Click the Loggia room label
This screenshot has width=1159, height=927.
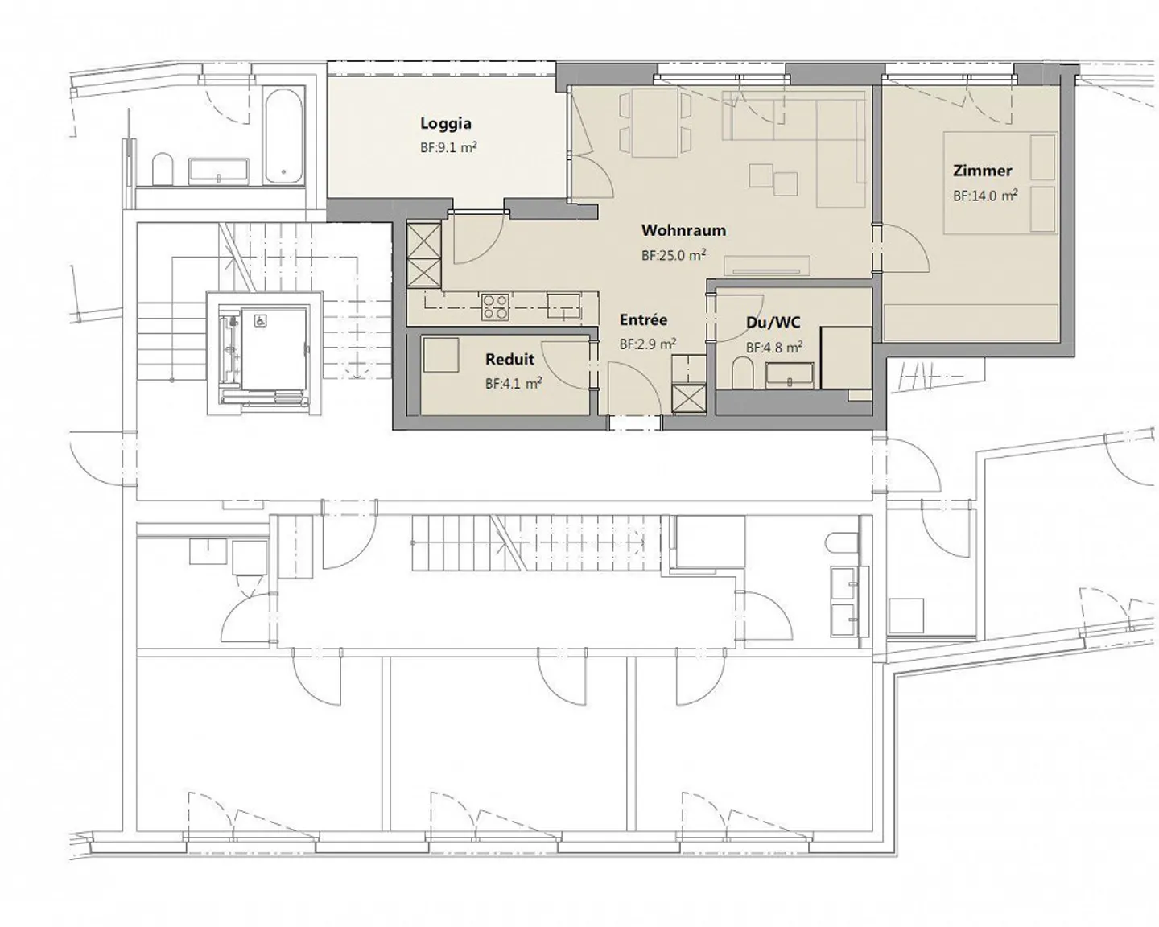click(x=445, y=123)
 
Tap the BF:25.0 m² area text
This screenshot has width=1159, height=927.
click(x=674, y=256)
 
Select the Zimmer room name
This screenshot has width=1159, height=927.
click(x=982, y=171)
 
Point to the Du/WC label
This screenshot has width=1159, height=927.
click(x=773, y=323)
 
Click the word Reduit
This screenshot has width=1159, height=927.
click(x=509, y=360)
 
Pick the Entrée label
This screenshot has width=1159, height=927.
click(x=643, y=320)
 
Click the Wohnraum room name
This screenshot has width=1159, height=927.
click(x=683, y=230)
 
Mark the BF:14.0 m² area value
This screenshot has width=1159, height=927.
click(x=985, y=196)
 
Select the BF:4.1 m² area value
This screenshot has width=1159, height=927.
click(x=513, y=384)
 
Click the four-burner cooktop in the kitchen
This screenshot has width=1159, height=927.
click(x=495, y=307)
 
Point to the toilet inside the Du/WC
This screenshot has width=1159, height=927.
click(x=743, y=373)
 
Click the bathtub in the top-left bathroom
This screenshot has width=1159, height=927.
click(x=284, y=134)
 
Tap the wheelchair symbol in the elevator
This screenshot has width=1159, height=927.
click(x=261, y=320)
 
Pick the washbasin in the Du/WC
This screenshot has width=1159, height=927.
click(x=790, y=375)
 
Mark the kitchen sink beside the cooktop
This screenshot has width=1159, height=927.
click(x=563, y=304)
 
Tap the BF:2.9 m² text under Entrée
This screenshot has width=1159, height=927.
click(x=647, y=344)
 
